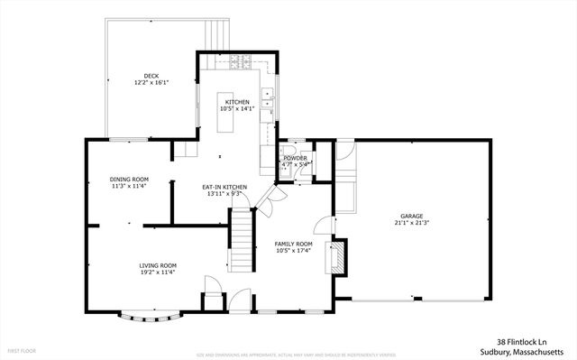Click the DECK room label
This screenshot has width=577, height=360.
coord(151,76)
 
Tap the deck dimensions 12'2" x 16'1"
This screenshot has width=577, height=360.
coord(151,82)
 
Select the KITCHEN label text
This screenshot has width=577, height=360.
coord(237,102)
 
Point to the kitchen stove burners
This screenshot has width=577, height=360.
coord(241,61)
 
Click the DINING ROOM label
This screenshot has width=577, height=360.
coord(129,180)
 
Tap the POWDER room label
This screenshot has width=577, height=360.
coord(295,158)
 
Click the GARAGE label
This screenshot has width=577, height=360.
coord(412,216)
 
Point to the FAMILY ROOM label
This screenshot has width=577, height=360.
coord(294,244)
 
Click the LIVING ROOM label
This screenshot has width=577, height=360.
coord(157,265)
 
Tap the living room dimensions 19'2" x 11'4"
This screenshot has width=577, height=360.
coord(157,272)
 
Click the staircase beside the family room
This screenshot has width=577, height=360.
coord(239,239)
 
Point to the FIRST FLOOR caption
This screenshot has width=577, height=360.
coord(22,348)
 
